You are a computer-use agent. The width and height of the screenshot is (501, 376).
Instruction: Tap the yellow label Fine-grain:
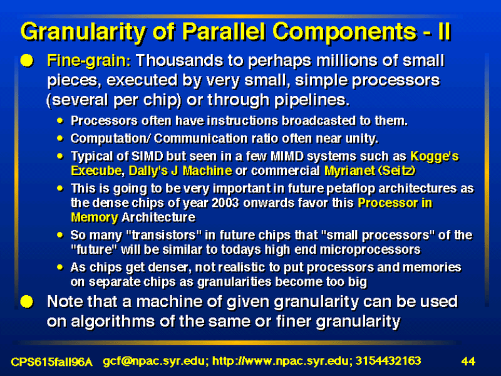89,61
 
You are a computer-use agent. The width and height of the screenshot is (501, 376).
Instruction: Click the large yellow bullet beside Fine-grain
27,60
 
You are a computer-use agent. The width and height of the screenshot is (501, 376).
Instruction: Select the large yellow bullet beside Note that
27,301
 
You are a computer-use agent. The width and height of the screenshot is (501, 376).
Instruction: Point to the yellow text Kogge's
435,156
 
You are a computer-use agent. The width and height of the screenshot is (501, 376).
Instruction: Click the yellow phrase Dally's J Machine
180,170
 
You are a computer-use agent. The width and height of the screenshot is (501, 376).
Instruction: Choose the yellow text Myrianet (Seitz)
370,170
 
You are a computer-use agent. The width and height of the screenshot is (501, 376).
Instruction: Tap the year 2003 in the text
225,202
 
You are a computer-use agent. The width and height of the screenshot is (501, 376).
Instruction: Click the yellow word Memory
95,217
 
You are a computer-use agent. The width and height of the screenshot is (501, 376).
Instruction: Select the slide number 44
468,362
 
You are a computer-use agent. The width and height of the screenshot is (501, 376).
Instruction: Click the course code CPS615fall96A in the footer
52,362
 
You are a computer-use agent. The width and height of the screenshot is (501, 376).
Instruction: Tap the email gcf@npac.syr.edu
154,362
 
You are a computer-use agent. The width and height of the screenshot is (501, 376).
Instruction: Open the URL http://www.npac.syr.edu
281,362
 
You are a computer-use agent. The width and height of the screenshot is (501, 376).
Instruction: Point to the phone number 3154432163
388,361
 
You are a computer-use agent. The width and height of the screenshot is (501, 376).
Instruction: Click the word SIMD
147,156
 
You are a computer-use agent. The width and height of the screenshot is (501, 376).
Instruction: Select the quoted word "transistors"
164,235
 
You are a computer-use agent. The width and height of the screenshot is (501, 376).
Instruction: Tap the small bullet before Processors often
60,120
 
